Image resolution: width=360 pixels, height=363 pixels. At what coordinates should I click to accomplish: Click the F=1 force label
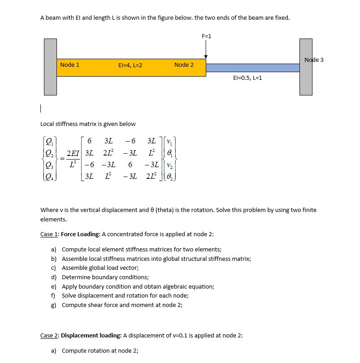tap(206, 36)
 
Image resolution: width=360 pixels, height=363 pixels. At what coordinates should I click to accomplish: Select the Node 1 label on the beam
tap(69, 65)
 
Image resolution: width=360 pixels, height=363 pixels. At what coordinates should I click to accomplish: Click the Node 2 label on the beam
tap(184, 65)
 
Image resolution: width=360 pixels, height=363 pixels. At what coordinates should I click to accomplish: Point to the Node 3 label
tap(314, 60)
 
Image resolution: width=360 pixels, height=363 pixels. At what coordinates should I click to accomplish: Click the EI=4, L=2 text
tap(130, 65)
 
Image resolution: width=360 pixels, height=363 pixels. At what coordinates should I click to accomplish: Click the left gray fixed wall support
tap(50, 67)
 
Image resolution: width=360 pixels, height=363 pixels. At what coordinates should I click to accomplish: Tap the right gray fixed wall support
tap(306, 67)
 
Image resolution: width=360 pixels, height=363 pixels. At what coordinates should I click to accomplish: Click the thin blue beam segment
tap(252, 68)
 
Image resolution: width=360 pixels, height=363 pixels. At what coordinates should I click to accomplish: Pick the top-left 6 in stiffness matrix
tap(90, 142)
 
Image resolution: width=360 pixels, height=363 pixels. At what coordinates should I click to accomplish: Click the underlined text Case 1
tap(49, 234)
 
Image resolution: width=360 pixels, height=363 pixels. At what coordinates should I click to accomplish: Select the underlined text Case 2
tap(49, 335)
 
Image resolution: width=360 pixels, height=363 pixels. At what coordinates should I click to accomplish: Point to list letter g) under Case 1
tap(53, 305)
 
